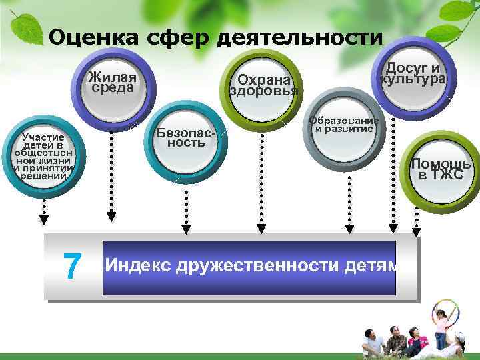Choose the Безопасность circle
[187, 138]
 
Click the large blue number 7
[71, 267]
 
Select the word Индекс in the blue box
[137, 265]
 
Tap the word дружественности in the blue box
[256, 265]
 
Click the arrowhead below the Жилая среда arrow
[111, 216]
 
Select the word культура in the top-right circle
[413, 79]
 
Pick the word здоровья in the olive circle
[263, 91]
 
